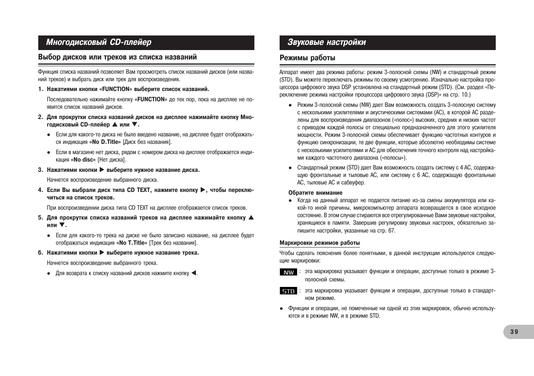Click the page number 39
click(514, 332)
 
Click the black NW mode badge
click(288, 272)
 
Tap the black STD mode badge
click(288, 291)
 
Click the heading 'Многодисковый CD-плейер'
click(99, 42)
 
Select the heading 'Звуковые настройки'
click(327, 42)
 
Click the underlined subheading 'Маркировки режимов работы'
click(319, 243)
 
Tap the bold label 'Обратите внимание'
click(315, 193)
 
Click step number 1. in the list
click(41, 89)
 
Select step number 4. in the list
click(41, 190)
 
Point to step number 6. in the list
click(41, 253)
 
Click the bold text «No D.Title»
click(105, 142)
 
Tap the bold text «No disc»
click(83, 160)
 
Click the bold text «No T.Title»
click(132, 243)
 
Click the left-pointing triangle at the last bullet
click(194, 273)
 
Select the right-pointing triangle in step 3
click(102, 170)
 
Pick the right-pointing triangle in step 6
click(102, 253)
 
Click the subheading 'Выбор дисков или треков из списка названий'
click(117, 57)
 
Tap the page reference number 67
click(391, 231)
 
